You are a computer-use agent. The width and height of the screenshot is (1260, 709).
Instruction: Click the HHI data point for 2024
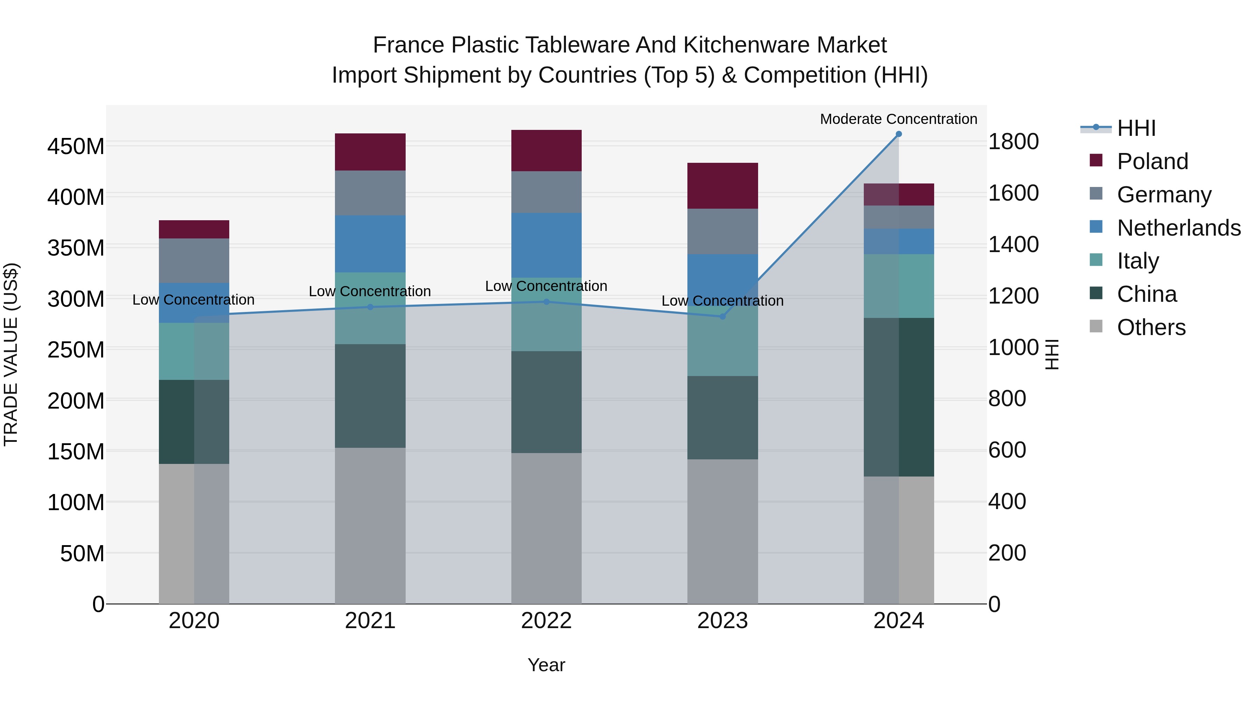898,134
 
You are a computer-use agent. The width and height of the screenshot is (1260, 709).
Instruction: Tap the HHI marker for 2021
370,307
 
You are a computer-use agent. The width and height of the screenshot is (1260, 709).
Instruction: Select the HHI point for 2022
546,302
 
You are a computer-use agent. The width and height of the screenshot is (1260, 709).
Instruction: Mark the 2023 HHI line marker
722,317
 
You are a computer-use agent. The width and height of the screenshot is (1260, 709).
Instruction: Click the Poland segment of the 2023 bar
722,186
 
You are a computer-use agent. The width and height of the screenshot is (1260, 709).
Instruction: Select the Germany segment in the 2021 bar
370,193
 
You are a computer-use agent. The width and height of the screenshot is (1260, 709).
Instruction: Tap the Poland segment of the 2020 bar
194,229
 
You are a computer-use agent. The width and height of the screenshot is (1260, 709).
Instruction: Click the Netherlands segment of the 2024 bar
898,241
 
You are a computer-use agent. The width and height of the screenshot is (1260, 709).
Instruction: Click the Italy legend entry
1138,261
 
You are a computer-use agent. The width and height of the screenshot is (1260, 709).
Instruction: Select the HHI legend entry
1136,128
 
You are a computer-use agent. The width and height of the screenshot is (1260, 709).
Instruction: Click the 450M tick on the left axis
76,146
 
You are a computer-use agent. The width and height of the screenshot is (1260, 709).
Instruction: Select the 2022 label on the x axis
546,621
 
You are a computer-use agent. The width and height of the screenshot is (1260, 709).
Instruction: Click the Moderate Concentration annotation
898,119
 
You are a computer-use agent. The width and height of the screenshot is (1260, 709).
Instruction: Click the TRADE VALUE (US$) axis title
11,354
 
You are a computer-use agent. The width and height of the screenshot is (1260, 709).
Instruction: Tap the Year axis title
546,665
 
